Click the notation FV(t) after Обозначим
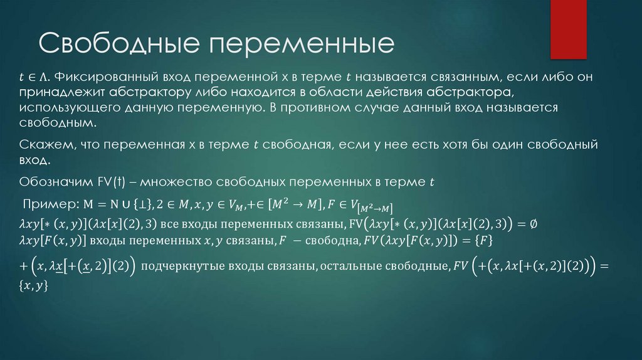coord(112,183)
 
